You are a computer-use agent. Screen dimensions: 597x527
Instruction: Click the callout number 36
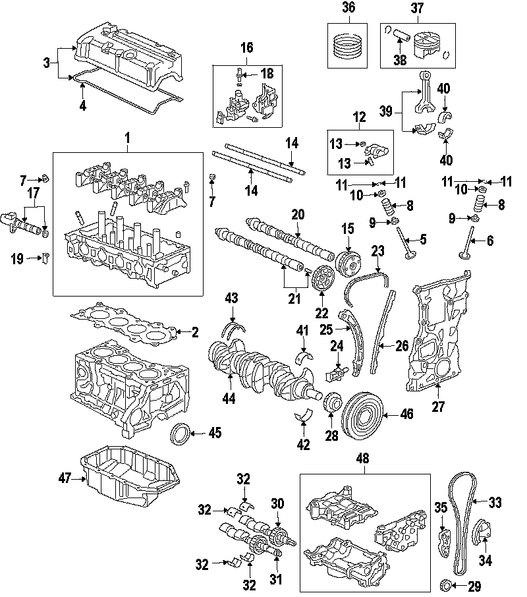point(348,8)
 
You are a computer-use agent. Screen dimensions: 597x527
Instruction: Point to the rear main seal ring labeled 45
point(179,435)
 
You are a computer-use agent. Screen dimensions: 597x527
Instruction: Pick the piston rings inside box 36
point(348,45)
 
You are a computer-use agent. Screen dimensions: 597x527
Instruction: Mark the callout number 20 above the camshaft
point(298,214)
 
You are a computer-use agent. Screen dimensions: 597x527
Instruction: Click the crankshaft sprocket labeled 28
point(332,402)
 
